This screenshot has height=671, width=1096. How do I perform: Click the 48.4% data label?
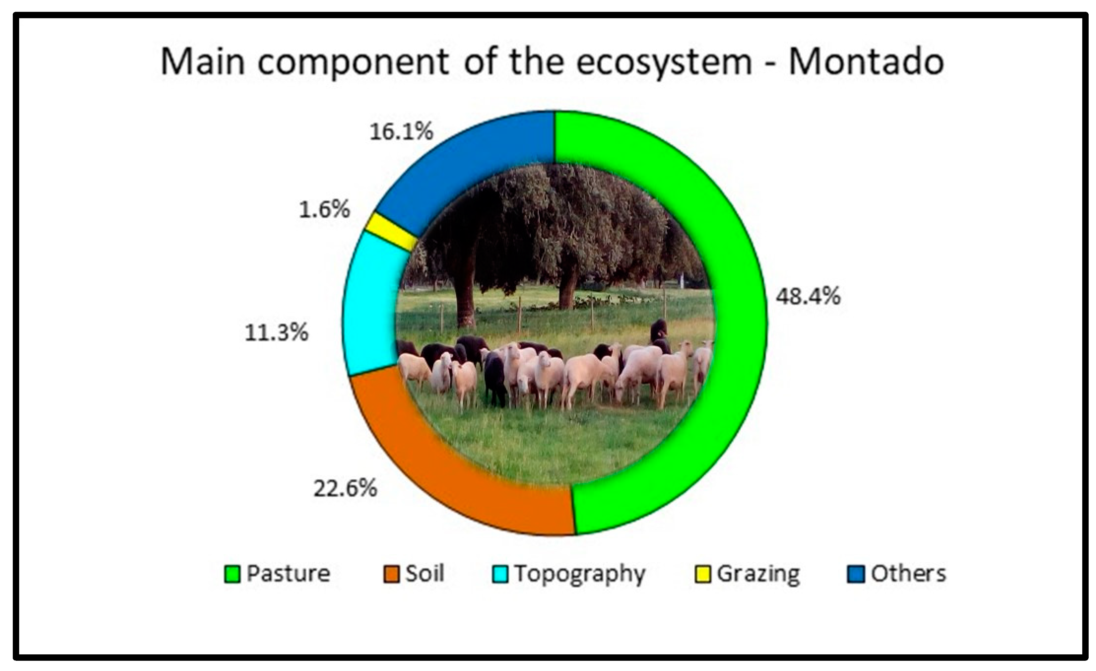click(x=808, y=296)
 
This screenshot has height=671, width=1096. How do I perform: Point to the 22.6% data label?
click(x=345, y=488)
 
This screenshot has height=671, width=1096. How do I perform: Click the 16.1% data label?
click(x=401, y=132)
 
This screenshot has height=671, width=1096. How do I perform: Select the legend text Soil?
click(x=424, y=573)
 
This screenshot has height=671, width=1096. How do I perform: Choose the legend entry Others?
click(x=908, y=573)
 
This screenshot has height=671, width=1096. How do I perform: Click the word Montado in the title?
click(x=866, y=62)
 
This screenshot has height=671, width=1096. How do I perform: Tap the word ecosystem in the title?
click(x=664, y=62)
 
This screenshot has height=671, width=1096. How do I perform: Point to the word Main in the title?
click(x=202, y=62)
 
